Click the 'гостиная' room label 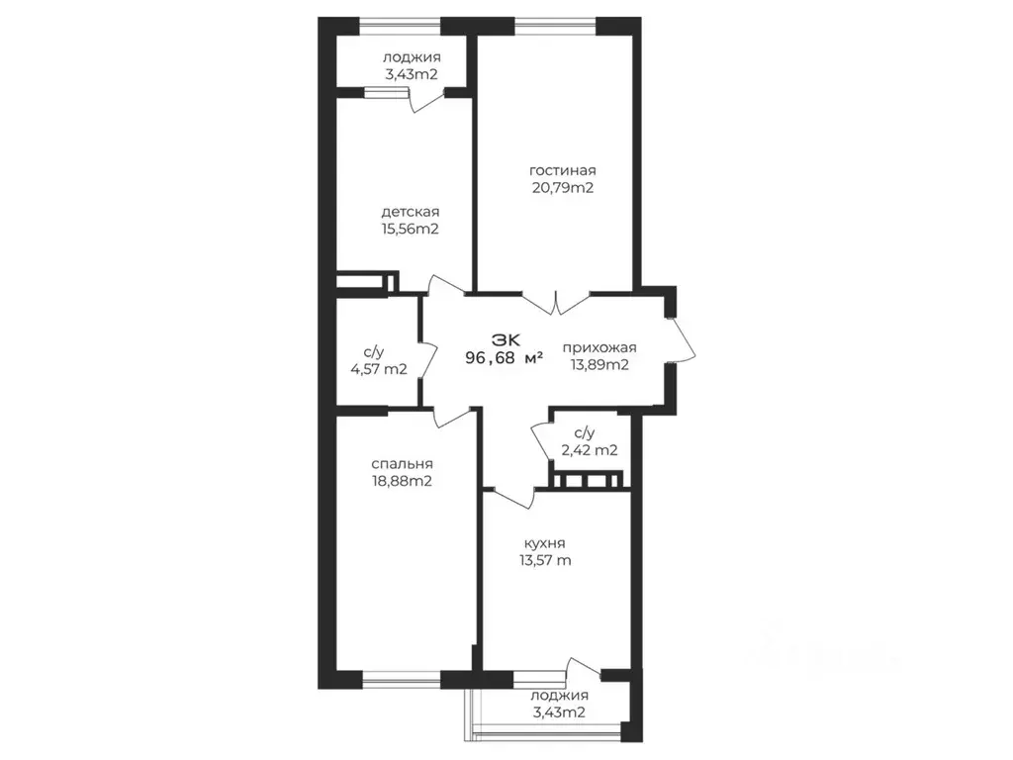click(x=562, y=170)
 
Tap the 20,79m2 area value click(x=562, y=188)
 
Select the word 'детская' click(x=411, y=212)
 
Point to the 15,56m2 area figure click(x=411, y=229)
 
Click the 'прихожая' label click(x=599, y=348)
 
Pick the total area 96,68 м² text click(x=504, y=357)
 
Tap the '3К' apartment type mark click(x=506, y=339)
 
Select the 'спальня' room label click(x=402, y=464)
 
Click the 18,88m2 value click(x=402, y=482)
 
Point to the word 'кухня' click(x=545, y=544)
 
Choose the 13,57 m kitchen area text click(x=545, y=560)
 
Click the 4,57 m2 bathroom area click(x=379, y=369)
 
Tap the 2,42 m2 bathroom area click(x=590, y=450)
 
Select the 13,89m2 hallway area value click(x=599, y=364)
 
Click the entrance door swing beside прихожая click(x=684, y=338)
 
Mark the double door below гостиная click(x=556, y=303)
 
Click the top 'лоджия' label click(x=412, y=57)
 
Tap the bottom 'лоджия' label click(x=560, y=696)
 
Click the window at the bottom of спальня click(x=402, y=679)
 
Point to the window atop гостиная click(x=555, y=27)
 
